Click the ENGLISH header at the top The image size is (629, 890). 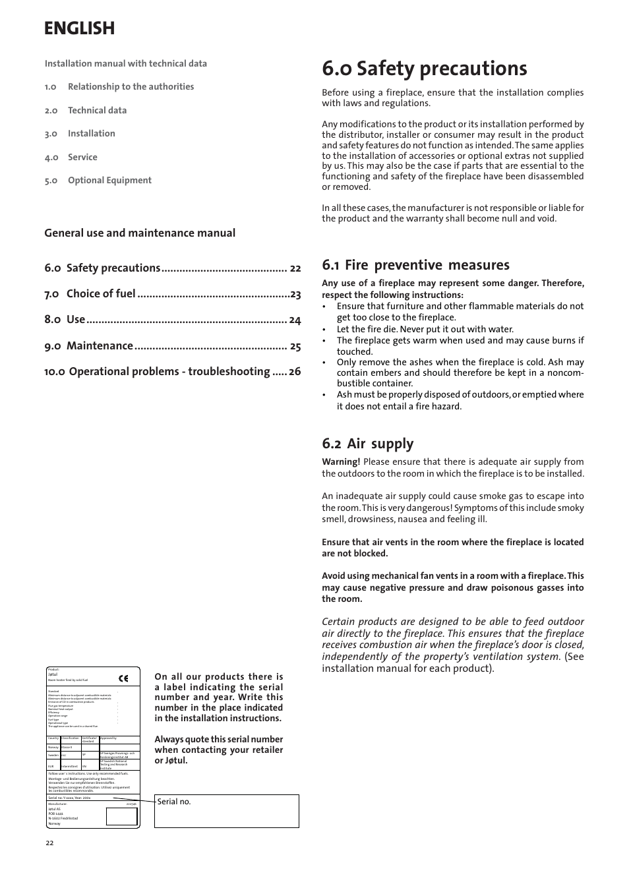click(79, 28)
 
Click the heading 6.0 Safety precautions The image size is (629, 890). click(425, 69)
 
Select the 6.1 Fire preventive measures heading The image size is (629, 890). click(415, 265)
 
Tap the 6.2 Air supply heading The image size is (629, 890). click(367, 444)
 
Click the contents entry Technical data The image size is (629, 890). click(97, 110)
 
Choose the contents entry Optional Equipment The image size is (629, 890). click(109, 180)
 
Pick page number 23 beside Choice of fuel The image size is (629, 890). click(295, 294)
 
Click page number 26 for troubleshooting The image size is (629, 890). click(294, 372)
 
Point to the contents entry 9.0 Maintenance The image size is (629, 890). click(89, 346)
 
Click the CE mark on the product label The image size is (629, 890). click(123, 678)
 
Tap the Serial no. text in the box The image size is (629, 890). click(174, 802)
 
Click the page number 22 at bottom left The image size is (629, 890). click(49, 843)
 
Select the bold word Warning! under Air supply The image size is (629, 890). click(341, 462)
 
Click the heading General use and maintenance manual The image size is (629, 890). click(140, 233)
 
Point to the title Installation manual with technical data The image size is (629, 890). click(126, 64)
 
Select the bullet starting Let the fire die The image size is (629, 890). click(425, 329)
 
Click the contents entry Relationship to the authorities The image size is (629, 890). click(131, 86)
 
